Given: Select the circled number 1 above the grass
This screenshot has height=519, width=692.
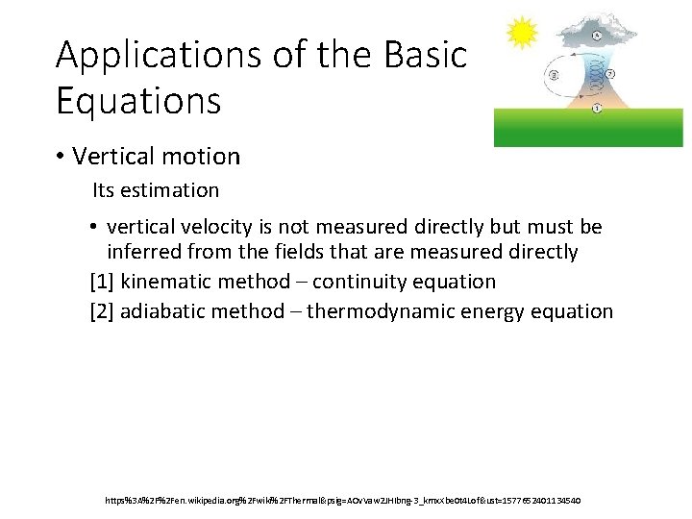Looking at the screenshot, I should tap(597, 108).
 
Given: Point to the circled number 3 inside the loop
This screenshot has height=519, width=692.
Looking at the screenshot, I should tap(554, 75).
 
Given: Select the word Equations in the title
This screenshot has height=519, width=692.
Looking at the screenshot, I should tap(138, 100).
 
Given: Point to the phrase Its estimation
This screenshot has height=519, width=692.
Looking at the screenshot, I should tap(156, 190).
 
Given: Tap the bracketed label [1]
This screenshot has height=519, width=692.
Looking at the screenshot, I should tap(101, 282).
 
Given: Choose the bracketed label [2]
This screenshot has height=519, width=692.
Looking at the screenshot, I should tap(101, 311).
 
